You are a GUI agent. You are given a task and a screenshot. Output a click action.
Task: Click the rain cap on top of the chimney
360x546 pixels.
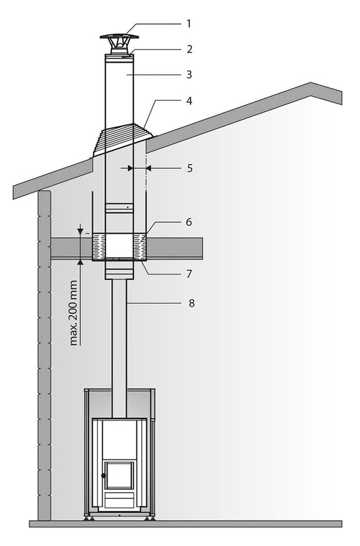tap(119, 37)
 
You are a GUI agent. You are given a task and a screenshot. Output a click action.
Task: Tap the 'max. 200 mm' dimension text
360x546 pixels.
tap(75, 312)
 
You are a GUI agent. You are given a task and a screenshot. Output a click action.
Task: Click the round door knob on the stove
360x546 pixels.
tap(104, 476)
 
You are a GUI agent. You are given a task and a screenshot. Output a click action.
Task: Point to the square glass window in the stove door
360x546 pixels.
tap(119, 476)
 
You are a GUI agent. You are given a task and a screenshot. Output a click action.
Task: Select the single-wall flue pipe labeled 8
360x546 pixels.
tap(119, 338)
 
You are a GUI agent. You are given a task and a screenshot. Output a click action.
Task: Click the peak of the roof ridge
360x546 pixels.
tap(311, 84)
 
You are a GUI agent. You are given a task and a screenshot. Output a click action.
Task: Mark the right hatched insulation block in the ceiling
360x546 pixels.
tap(140, 246)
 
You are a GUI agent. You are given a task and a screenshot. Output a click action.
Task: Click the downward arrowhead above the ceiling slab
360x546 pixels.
tap(81, 231)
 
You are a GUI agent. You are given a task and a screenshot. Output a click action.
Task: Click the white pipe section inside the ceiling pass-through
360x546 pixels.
tap(119, 246)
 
